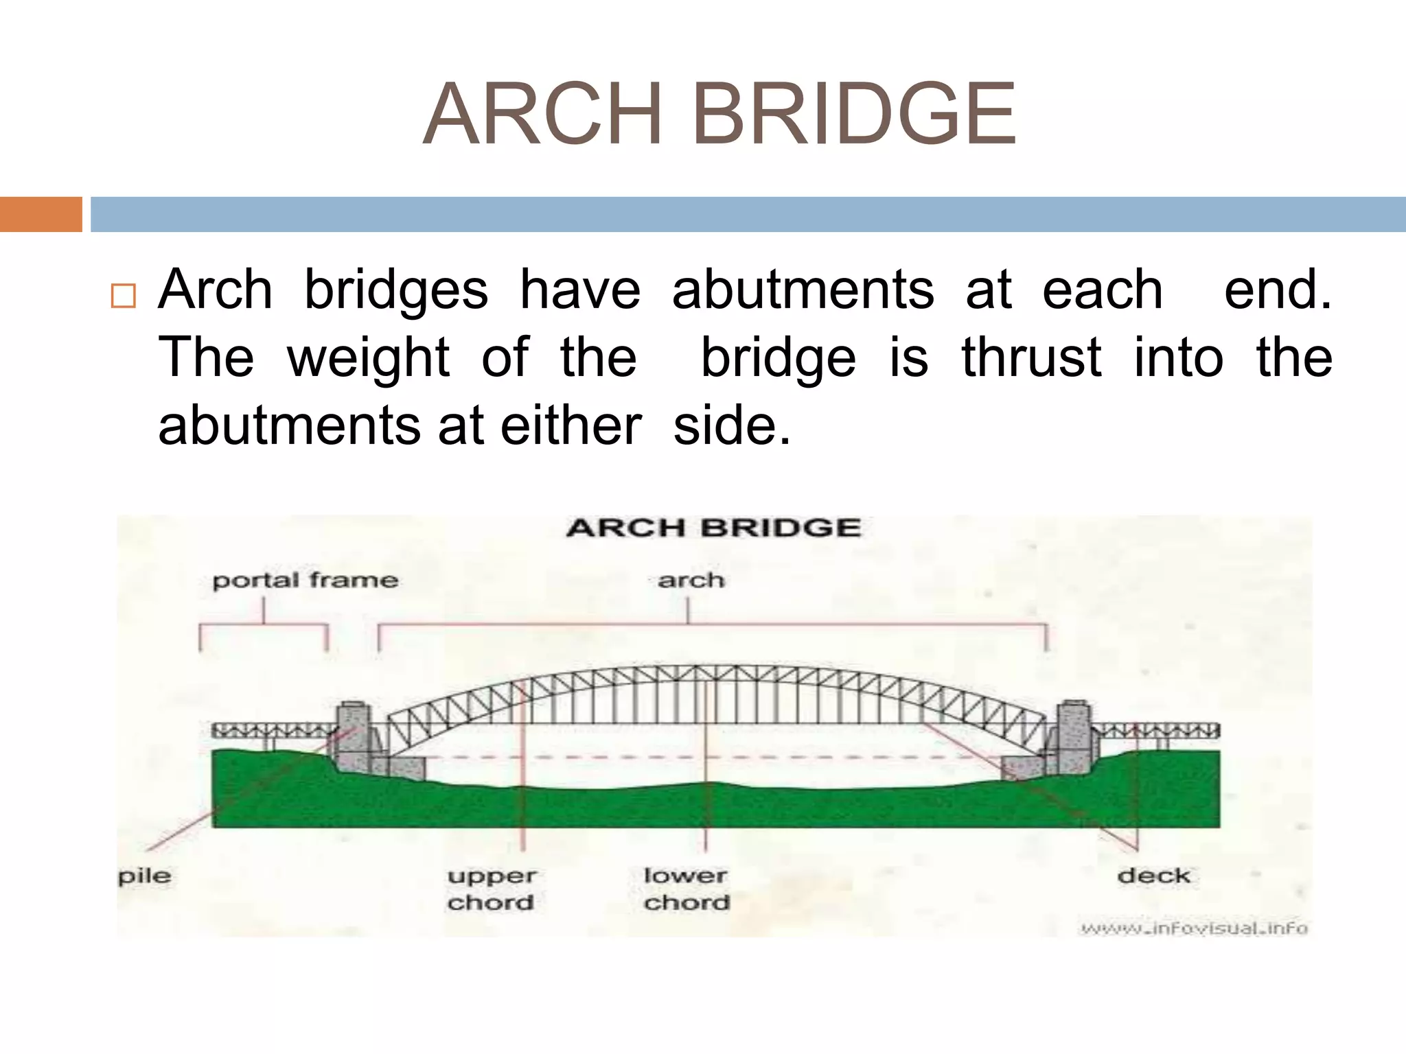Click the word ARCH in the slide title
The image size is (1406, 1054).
click(543, 115)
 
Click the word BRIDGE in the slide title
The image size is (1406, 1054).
click(854, 115)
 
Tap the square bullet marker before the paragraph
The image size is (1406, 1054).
click(123, 296)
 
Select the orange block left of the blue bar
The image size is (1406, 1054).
click(41, 214)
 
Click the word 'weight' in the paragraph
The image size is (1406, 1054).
click(369, 358)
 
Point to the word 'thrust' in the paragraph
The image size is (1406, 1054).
click(1031, 358)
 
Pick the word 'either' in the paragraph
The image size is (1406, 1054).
click(571, 425)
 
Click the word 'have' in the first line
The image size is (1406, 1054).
click(580, 290)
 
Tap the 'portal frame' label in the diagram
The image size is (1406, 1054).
click(305, 581)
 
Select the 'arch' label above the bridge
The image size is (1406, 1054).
click(691, 581)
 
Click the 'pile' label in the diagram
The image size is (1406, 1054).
click(144, 876)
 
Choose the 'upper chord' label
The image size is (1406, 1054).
click(491, 889)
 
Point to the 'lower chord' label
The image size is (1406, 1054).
click(686, 889)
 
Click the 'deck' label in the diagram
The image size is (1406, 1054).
click(1153, 876)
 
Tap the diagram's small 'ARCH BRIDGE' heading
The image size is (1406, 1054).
click(713, 528)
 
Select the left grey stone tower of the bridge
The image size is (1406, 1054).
click(353, 738)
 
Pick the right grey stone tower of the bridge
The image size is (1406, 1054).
click(1074, 738)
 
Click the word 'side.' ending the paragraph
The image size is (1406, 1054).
click(732, 425)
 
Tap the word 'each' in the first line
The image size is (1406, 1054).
click(1103, 290)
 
